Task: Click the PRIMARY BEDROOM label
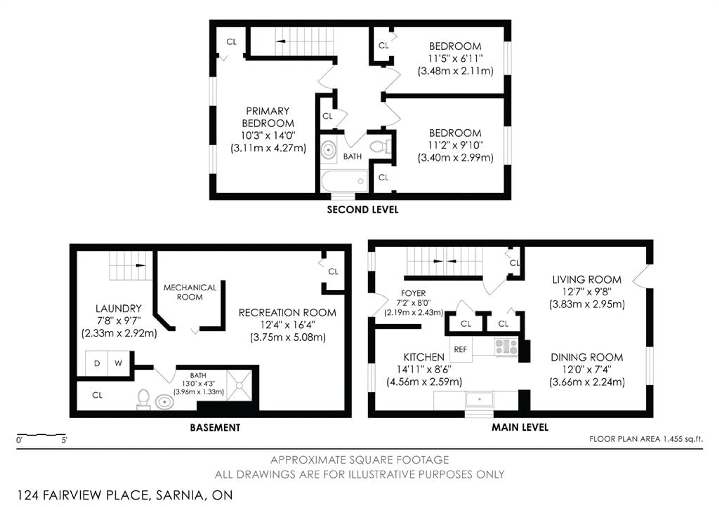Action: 268,117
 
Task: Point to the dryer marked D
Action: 97,363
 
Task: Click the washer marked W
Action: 118,363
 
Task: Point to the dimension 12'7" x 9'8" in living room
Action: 587,292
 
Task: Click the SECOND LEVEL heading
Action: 363,210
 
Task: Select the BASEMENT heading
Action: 215,428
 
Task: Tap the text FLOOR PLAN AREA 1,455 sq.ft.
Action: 646,439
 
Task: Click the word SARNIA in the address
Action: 180,495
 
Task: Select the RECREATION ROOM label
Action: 287,313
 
